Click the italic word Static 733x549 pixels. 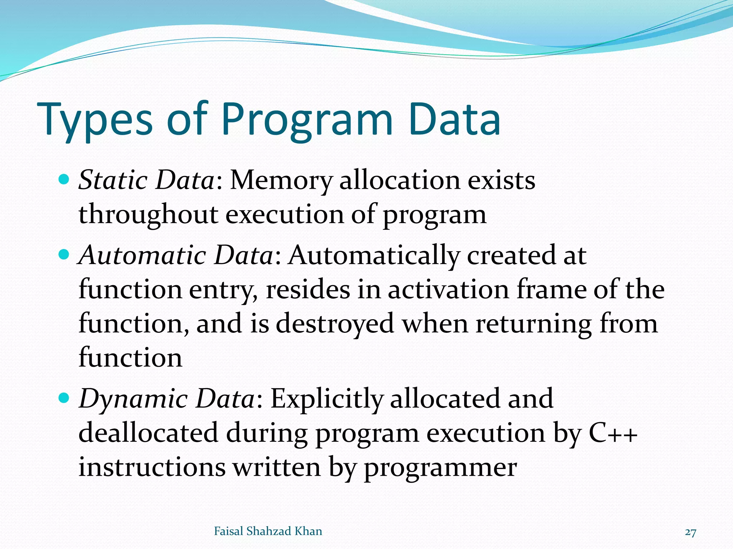coord(113,180)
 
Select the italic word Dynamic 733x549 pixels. coord(133,399)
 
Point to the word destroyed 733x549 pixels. coord(335,324)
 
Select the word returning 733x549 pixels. coord(533,324)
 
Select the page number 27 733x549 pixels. coord(690,533)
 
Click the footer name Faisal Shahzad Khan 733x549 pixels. coord(268,531)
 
